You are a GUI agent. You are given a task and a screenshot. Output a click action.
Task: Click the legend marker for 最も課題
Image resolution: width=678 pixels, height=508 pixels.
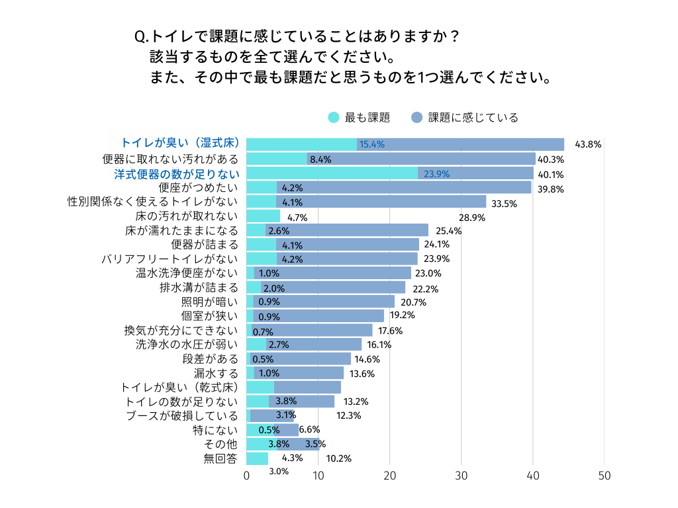[x=334, y=118]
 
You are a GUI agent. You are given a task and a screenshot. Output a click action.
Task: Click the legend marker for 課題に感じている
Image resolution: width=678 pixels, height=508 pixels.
[x=416, y=118]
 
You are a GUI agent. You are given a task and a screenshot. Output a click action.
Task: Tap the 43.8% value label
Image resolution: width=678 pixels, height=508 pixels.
[x=588, y=144]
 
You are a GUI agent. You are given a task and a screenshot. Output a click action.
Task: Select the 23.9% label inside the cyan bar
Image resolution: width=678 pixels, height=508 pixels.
[x=436, y=174]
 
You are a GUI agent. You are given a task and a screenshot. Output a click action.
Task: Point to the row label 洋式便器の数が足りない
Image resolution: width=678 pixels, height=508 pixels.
[x=176, y=174]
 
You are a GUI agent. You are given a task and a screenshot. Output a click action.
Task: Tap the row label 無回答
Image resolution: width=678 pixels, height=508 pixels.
[x=221, y=458]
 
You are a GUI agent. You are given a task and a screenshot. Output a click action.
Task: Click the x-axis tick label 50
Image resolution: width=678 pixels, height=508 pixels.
[x=604, y=476]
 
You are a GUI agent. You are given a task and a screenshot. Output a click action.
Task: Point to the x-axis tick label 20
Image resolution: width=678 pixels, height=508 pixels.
[x=390, y=476]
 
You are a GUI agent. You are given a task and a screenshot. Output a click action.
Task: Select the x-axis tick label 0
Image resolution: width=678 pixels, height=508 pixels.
[x=247, y=476]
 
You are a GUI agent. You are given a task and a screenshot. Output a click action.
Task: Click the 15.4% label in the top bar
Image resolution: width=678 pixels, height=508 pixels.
[x=371, y=144]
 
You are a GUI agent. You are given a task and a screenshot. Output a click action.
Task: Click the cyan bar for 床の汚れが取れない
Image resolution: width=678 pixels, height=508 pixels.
[x=263, y=216]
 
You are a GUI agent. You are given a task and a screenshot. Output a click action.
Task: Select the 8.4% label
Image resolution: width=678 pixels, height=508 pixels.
[x=320, y=159]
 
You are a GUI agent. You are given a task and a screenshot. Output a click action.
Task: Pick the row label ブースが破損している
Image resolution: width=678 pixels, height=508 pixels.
[x=182, y=415]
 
